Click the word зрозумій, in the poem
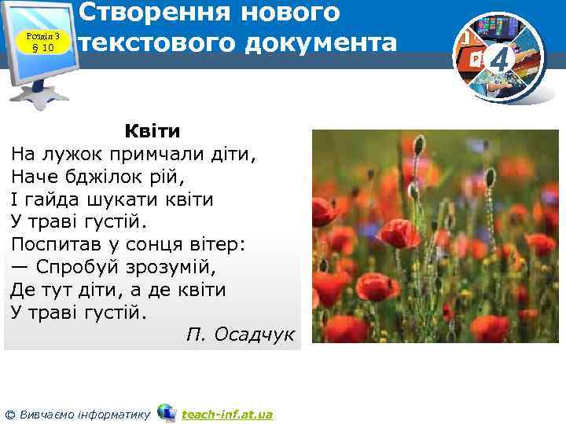click(x=176, y=267)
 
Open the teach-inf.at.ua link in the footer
click(x=226, y=414)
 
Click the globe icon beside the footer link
click(x=167, y=412)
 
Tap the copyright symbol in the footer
click(x=9, y=415)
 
